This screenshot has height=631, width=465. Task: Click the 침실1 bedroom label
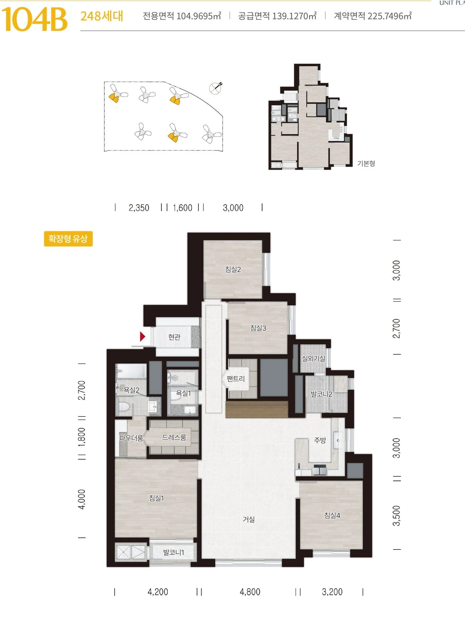click(156, 498)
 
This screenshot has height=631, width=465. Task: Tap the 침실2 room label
click(233, 269)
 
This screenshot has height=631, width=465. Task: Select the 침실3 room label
click(258, 328)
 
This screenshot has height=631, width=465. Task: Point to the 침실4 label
click(332, 515)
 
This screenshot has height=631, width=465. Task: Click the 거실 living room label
click(249, 519)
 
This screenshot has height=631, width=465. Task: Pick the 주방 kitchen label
click(320, 440)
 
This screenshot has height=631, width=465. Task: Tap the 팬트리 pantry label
click(236, 379)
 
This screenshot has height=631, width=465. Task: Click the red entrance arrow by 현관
click(143, 336)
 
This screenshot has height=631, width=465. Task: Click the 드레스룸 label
click(174, 437)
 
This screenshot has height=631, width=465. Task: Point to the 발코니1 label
click(173, 552)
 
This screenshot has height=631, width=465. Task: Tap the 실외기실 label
click(313, 358)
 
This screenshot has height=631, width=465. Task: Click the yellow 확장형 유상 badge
click(68, 239)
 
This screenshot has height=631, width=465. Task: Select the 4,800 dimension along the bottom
click(250, 592)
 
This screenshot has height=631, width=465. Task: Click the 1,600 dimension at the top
click(183, 208)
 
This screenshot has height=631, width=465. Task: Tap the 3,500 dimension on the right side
click(396, 516)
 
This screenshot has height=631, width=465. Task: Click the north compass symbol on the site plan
click(216, 88)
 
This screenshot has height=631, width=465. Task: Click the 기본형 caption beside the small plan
click(366, 163)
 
